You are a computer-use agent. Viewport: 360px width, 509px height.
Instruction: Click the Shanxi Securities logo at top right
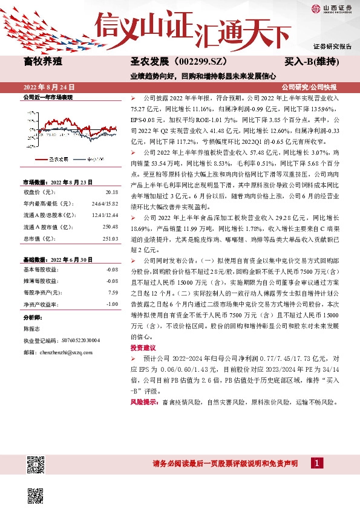click(332, 8)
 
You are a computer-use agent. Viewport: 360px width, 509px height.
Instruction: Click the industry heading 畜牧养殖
click(42, 61)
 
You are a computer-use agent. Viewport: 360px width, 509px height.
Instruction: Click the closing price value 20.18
click(111, 192)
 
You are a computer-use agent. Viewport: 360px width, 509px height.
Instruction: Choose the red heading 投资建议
click(142, 365)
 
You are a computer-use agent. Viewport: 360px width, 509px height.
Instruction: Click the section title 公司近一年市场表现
click(47, 97)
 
